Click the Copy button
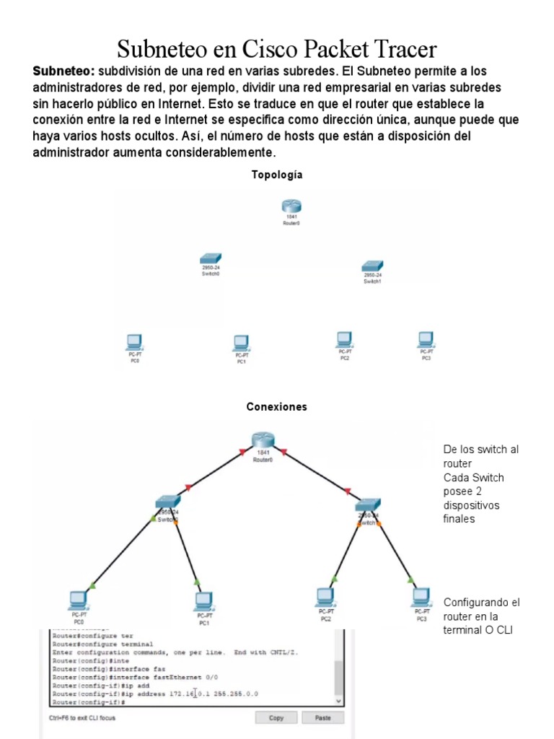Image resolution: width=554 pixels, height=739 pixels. click(276, 718)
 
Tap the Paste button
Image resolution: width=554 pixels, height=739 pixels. click(322, 718)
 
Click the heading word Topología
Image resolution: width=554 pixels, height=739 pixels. click(277, 175)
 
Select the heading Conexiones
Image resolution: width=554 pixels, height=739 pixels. click(277, 407)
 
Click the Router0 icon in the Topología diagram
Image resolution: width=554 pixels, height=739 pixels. click(291, 207)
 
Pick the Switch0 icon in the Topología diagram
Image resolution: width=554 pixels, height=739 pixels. click(211, 258)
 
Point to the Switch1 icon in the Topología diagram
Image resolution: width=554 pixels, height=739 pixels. click(372, 266)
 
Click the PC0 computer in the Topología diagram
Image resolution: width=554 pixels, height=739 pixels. click(134, 341)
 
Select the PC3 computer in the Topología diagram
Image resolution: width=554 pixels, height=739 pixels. click(426, 339)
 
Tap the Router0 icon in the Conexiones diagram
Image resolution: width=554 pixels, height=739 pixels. click(263, 439)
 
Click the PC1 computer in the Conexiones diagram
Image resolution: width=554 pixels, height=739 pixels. click(204, 600)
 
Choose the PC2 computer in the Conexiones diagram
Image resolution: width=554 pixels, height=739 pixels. click(326, 597)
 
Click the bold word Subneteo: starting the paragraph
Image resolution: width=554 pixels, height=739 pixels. click(63, 71)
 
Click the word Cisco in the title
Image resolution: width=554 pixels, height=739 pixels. click(271, 49)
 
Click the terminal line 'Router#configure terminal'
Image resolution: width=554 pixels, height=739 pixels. click(102, 644)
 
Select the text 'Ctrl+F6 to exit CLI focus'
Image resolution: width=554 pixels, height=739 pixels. click(82, 718)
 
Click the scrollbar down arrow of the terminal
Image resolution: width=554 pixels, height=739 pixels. click(339, 700)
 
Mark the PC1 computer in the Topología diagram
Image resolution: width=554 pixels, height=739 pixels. click(241, 342)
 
